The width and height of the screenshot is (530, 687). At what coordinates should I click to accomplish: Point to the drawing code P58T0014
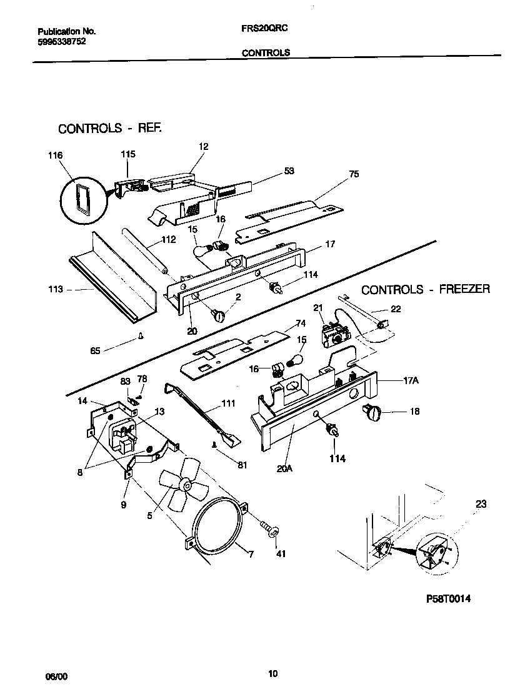click(448, 598)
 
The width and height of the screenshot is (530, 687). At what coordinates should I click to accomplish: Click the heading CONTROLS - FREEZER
click(426, 289)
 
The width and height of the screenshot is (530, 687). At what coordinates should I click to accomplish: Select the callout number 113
click(56, 289)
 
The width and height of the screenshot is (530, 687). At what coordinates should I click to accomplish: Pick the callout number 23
click(481, 504)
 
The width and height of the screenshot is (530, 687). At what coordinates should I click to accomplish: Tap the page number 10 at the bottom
click(272, 673)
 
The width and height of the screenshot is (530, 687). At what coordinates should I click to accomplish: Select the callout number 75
click(354, 174)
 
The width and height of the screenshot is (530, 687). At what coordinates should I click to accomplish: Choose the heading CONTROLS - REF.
click(110, 128)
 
